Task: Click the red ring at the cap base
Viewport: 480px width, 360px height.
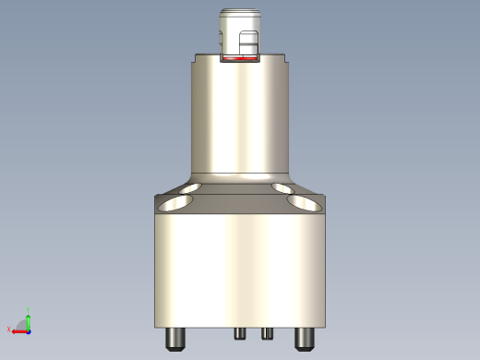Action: tap(241, 58)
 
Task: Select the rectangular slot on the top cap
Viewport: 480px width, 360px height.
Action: tap(248, 44)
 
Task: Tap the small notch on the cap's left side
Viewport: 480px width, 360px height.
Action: tap(222, 39)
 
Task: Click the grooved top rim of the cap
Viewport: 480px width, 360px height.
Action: tap(241, 13)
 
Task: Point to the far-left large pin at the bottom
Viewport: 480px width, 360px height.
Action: tap(175, 339)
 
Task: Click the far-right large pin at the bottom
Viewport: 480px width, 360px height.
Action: tap(304, 339)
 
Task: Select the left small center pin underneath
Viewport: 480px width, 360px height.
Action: tap(240, 333)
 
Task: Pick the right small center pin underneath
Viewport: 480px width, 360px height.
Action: tap(266, 333)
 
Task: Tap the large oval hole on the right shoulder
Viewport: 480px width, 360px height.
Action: tap(306, 202)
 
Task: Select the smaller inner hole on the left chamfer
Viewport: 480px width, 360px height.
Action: tap(195, 188)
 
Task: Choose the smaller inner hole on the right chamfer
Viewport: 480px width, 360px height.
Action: tap(284, 188)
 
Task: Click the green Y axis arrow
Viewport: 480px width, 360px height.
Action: tap(29, 319)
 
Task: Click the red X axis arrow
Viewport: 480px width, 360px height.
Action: tap(18, 330)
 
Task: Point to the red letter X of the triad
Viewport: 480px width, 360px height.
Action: tap(9, 330)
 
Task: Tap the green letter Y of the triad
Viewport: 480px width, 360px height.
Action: tap(29, 310)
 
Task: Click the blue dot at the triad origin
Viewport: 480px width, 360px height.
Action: tap(29, 330)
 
